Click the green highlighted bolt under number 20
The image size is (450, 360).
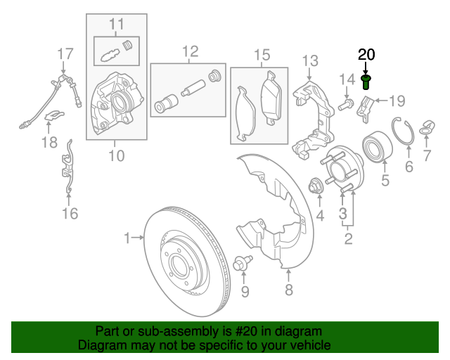tap(366, 82)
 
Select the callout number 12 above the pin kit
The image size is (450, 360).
tap(191, 51)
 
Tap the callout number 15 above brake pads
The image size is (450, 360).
tap(262, 54)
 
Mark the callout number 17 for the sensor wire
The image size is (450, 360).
tap(65, 53)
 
